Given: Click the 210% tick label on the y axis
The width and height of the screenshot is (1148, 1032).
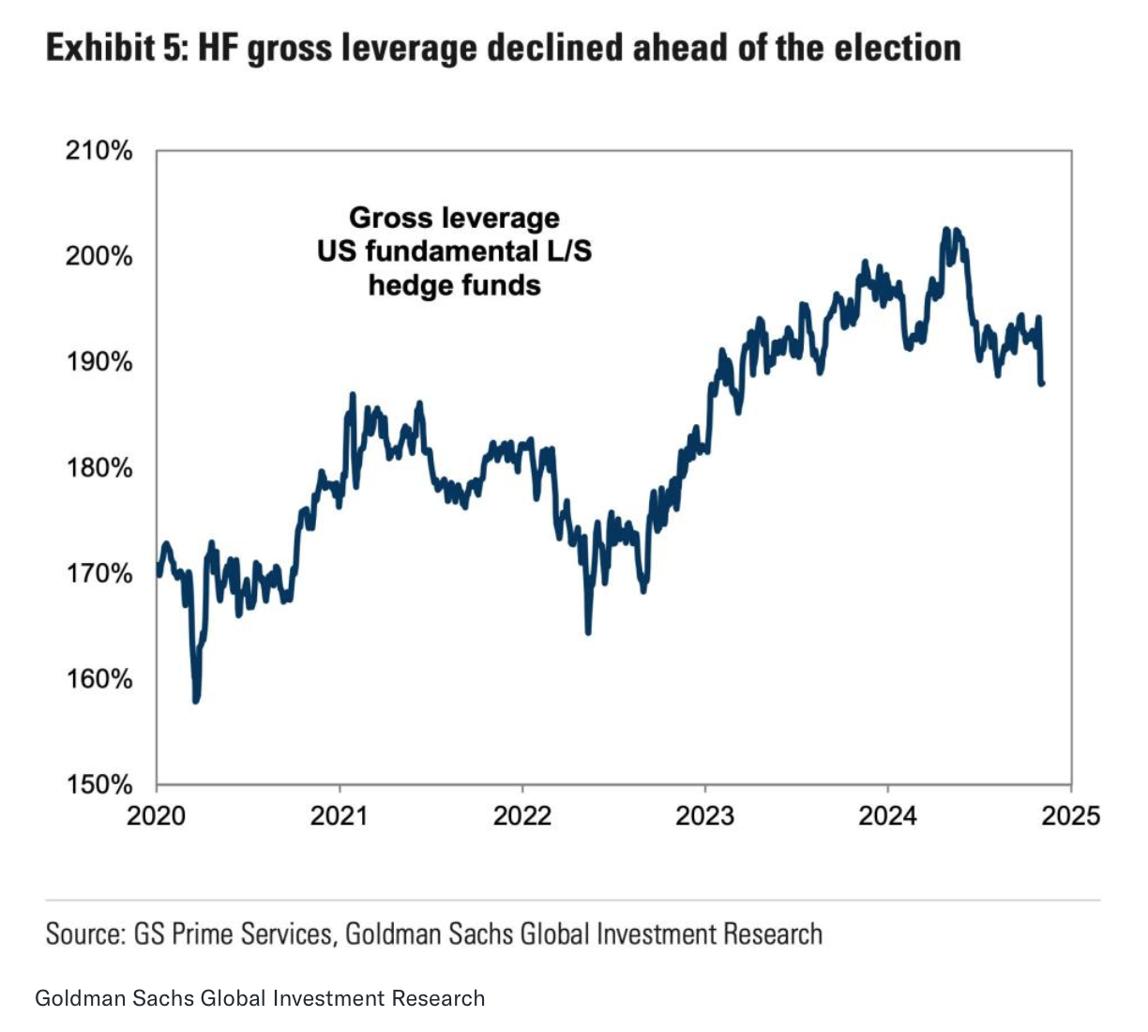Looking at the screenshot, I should [98, 151].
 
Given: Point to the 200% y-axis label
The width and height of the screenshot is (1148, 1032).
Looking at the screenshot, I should [98, 256].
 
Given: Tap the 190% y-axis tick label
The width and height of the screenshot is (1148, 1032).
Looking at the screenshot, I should [98, 362].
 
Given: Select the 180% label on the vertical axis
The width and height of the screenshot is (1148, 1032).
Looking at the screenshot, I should [98, 467].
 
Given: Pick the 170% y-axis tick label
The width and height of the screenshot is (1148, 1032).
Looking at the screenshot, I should [98, 573].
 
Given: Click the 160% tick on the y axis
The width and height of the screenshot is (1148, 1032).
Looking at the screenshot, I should [98, 678].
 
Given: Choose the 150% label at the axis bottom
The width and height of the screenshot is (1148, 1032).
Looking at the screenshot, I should [98, 784].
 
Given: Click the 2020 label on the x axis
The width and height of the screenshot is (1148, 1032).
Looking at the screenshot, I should [157, 815].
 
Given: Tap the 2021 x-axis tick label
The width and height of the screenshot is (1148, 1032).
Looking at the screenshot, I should [340, 815].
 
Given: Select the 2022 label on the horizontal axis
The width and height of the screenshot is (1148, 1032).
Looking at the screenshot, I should [522, 815].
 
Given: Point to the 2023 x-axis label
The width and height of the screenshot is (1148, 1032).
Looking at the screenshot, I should [705, 815].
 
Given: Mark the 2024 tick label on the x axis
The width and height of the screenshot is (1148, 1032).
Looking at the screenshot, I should [888, 815].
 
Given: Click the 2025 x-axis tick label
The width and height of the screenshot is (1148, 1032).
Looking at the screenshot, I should [1071, 815].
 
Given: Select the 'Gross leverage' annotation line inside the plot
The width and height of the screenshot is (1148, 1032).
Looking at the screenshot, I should [455, 218].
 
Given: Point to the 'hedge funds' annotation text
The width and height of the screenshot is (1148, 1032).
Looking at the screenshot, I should [455, 285].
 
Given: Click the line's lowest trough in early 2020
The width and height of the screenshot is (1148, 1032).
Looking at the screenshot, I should [196, 699].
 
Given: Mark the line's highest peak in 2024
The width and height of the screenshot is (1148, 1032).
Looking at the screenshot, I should [946, 230].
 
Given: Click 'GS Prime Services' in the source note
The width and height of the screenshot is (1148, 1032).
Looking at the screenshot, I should [233, 934].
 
